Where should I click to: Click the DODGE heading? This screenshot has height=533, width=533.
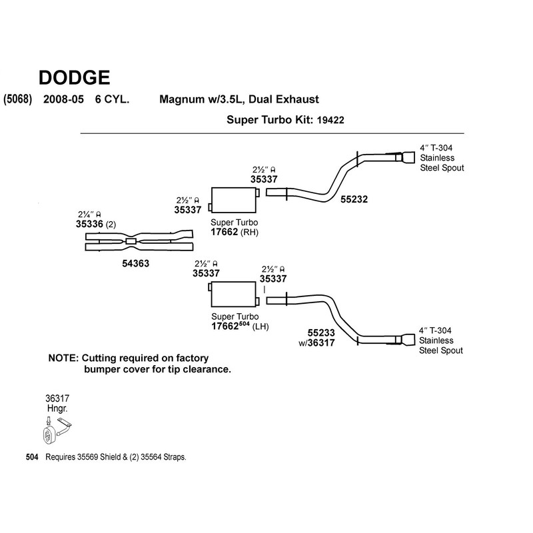click(x=75, y=77)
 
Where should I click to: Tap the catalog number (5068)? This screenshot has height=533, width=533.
click(x=19, y=100)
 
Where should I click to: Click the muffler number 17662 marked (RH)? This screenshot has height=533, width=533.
click(x=225, y=233)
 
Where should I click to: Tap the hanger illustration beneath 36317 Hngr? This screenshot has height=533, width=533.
click(x=57, y=430)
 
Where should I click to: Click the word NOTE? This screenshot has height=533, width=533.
click(x=64, y=358)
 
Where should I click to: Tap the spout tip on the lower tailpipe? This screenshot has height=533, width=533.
click(x=406, y=340)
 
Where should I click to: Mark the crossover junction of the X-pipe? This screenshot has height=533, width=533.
click(x=131, y=241)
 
